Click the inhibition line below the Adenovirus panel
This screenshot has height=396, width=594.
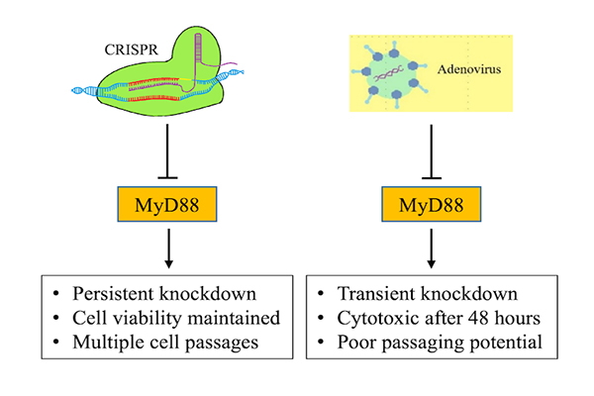pyautogui.click(x=433, y=153)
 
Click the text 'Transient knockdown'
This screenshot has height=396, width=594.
pyautogui.click(x=426, y=293)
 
